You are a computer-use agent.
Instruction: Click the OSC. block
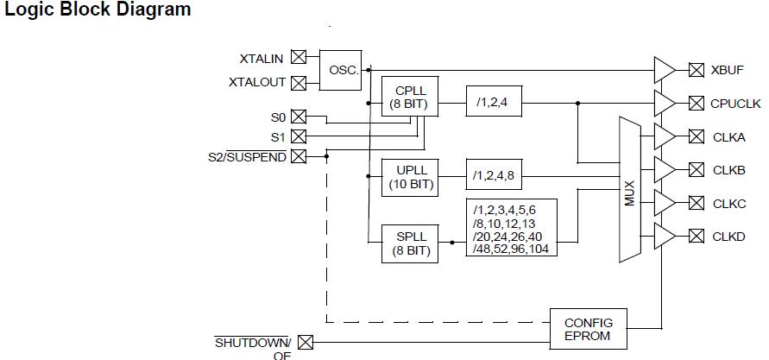click(344, 69)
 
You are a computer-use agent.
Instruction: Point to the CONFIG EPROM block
click(588, 329)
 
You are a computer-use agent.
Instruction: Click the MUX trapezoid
click(629, 190)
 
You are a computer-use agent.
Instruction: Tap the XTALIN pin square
click(299, 58)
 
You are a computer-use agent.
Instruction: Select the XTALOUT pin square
click(299, 83)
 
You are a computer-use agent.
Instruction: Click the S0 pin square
click(299, 117)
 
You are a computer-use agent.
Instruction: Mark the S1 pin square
click(299, 136)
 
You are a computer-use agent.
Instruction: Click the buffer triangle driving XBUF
click(664, 70)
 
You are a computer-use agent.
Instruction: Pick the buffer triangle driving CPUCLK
click(664, 104)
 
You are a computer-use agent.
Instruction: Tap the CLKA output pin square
click(695, 136)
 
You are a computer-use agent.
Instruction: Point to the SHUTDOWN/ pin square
click(305, 343)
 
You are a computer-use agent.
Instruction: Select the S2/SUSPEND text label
click(247, 157)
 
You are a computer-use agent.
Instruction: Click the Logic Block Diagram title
click(98, 10)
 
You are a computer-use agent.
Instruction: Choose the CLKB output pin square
click(695, 170)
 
